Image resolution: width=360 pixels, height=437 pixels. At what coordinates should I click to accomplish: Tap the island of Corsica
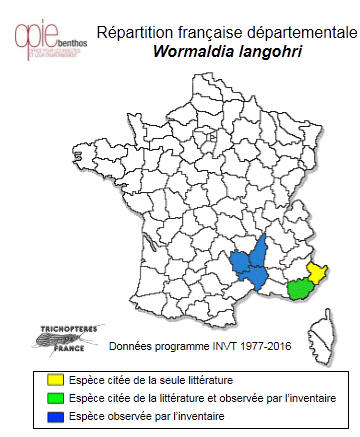[329, 329]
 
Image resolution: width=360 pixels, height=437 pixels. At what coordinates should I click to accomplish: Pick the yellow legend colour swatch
[54, 380]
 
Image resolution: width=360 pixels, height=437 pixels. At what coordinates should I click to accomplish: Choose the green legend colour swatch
[54, 397]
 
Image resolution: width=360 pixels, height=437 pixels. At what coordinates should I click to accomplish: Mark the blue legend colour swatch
[54, 414]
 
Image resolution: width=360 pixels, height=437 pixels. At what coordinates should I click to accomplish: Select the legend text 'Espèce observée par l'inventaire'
[152, 414]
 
